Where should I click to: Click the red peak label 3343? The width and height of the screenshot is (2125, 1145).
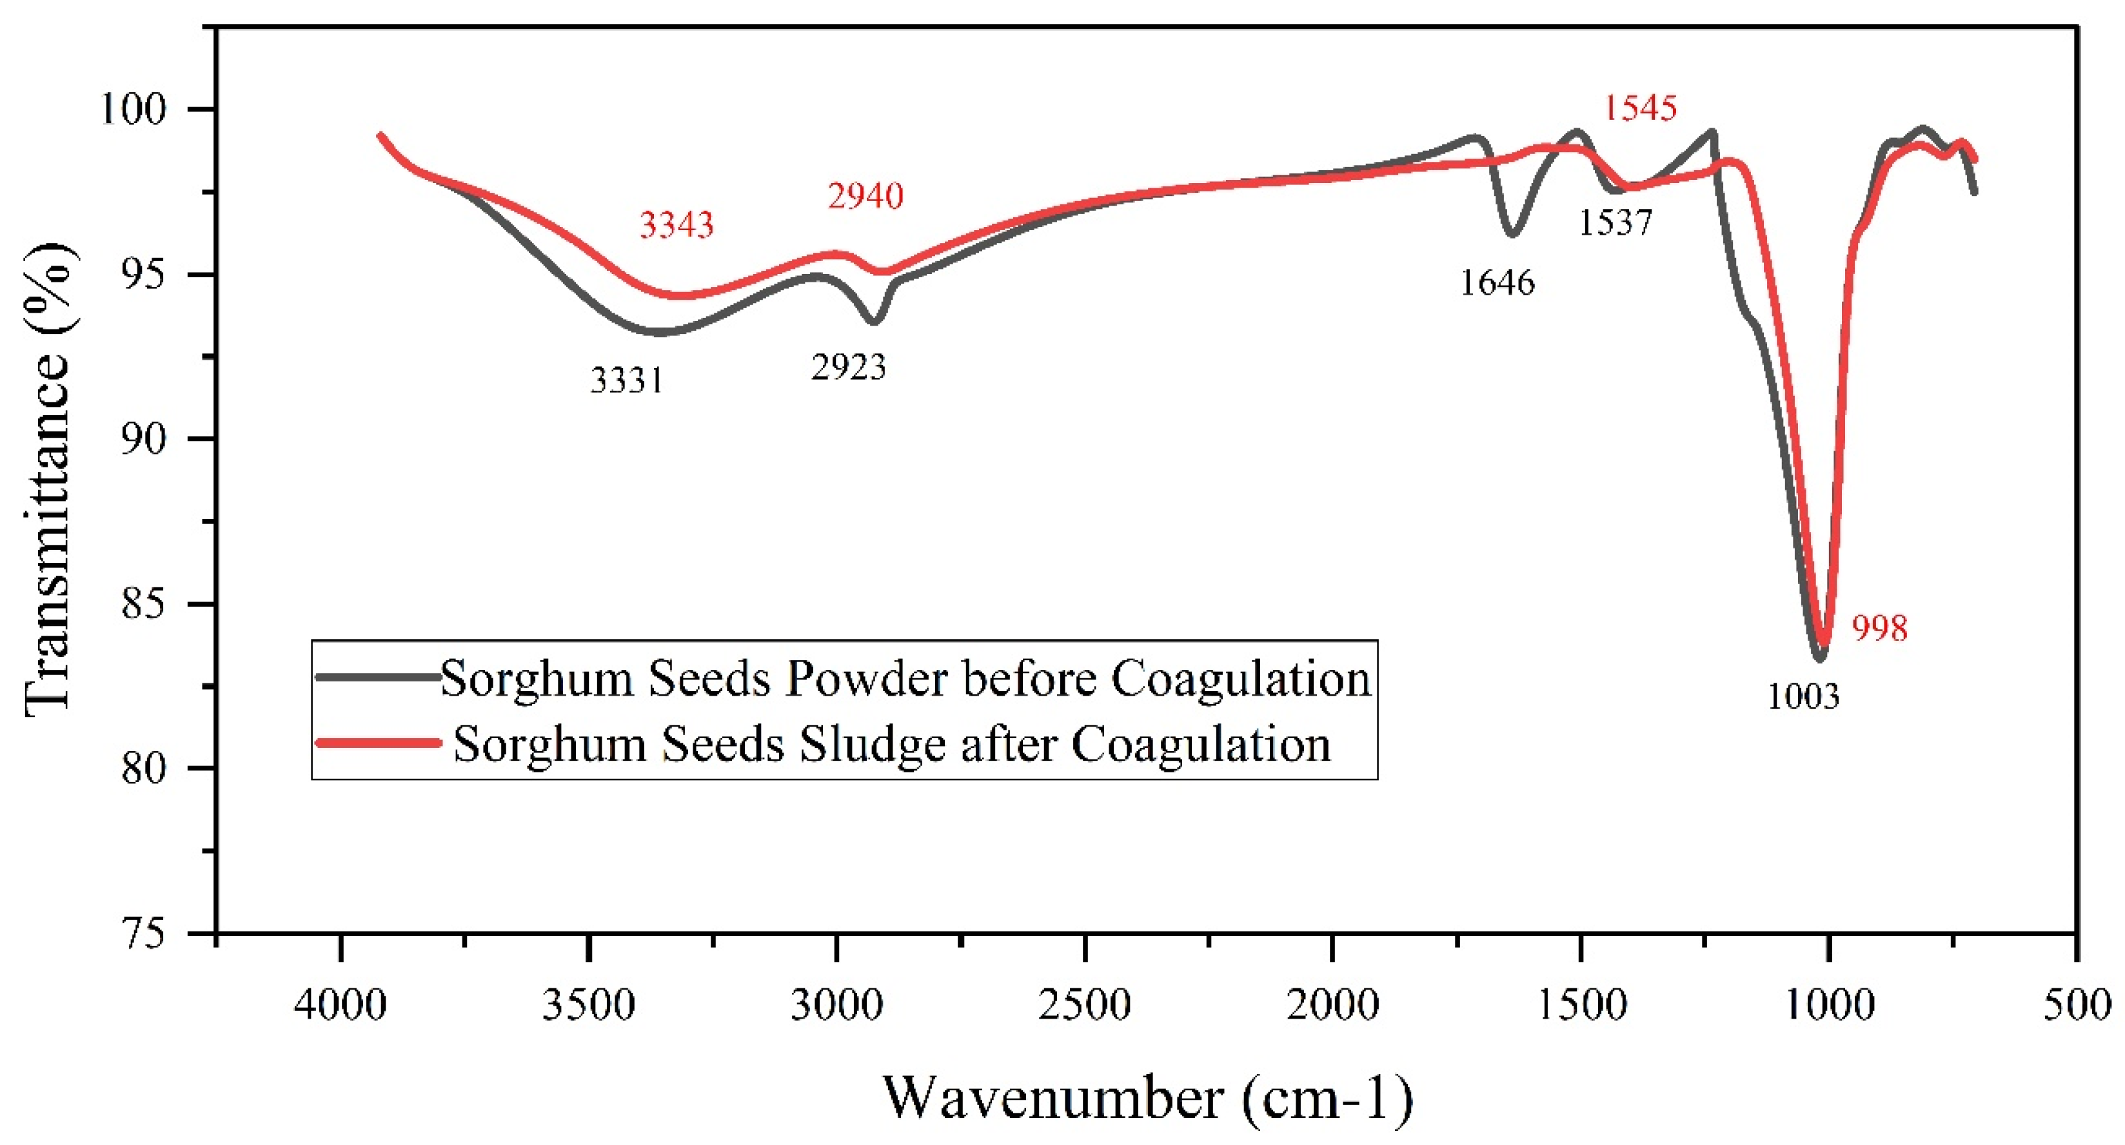pyautogui.click(x=677, y=224)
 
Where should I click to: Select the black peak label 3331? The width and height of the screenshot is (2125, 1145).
pyautogui.click(x=627, y=380)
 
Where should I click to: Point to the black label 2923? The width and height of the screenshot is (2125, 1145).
pyautogui.click(x=848, y=367)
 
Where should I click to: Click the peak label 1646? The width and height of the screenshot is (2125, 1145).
pyautogui.click(x=1497, y=283)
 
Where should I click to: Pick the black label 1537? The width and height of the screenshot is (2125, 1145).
pyautogui.click(x=1616, y=222)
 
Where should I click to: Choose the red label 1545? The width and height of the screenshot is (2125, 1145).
pyautogui.click(x=1640, y=108)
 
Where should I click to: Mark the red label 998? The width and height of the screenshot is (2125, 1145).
pyautogui.click(x=1879, y=629)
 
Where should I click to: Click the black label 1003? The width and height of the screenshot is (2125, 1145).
pyautogui.click(x=1803, y=697)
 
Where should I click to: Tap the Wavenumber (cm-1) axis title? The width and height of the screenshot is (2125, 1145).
pyautogui.click(x=1147, y=1098)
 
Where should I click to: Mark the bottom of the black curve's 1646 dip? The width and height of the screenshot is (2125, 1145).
pyautogui.click(x=1512, y=233)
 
